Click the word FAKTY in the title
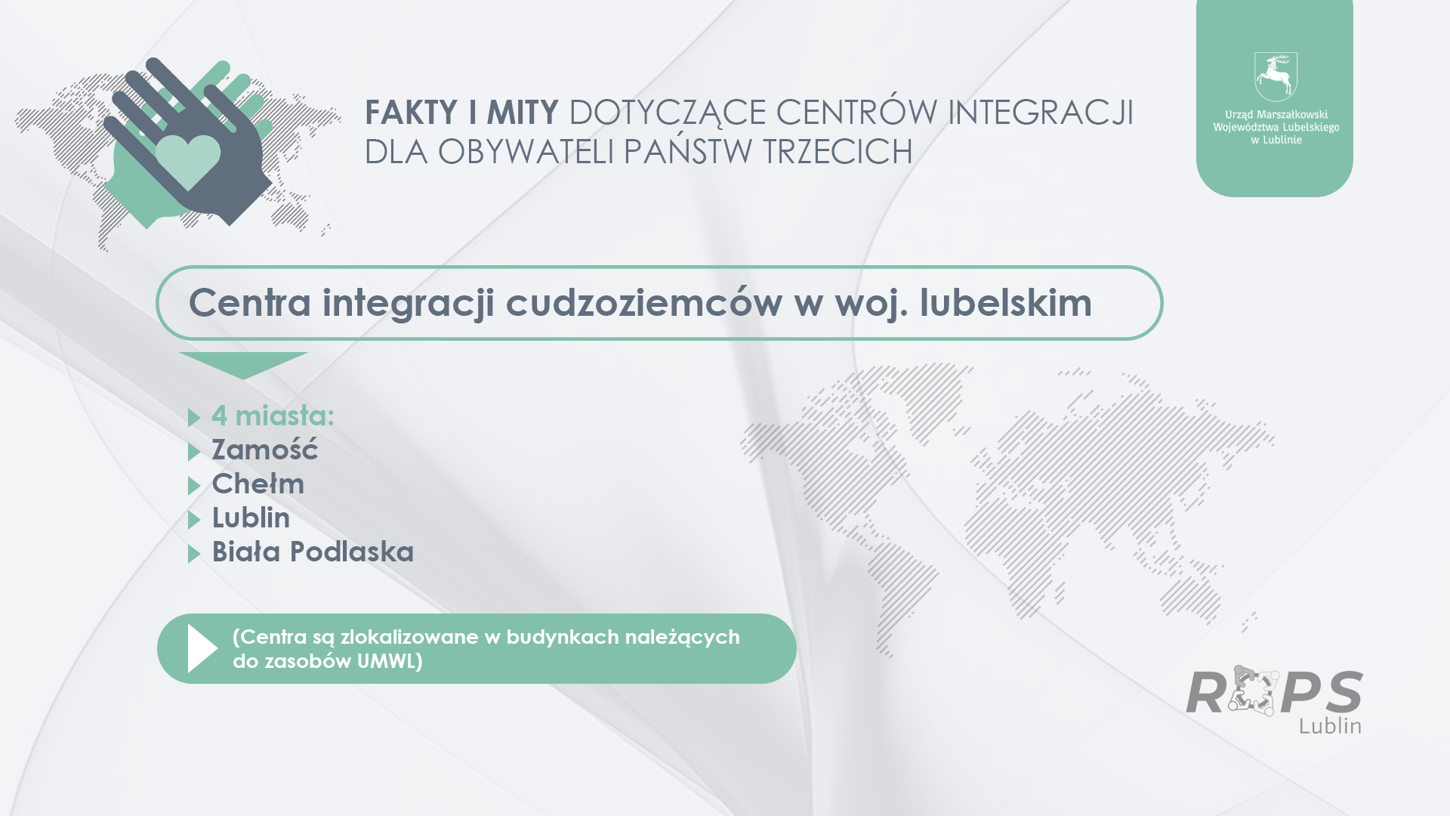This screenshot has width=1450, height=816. (412, 113)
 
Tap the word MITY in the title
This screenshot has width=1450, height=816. (523, 113)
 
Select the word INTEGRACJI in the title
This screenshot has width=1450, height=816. (1041, 113)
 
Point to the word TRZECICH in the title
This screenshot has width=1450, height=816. (838, 152)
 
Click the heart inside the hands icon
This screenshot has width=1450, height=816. (188, 161)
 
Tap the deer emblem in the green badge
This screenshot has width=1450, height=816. (1276, 76)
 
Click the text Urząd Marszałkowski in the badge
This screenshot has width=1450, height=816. (1276, 115)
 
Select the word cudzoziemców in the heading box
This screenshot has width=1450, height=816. (643, 302)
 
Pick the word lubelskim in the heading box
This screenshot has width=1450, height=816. (1005, 302)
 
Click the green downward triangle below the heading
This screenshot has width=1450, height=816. (243, 364)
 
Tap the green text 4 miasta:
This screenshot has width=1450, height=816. (273, 415)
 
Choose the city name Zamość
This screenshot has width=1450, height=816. (265, 449)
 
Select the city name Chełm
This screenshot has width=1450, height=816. (258, 484)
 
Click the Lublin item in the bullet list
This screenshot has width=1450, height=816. (251, 518)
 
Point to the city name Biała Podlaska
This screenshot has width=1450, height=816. (313, 552)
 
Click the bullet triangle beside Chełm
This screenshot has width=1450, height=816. (193, 485)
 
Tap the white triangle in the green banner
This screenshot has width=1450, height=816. (202, 648)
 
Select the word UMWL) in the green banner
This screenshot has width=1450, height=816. (390, 661)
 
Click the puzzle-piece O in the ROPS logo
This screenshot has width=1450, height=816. (1253, 691)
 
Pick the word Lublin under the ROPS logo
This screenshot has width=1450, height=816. (1331, 725)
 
